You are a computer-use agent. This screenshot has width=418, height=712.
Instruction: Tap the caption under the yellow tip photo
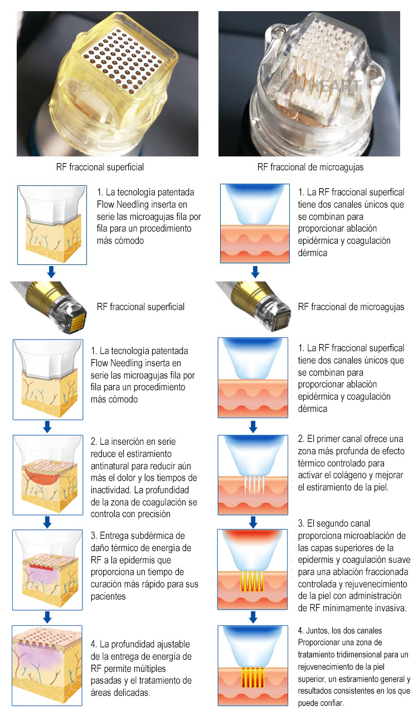coord(100,167)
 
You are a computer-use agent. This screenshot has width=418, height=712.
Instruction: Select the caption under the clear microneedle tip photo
coord(310,167)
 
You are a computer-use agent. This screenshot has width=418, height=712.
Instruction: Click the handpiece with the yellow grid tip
coord(49,306)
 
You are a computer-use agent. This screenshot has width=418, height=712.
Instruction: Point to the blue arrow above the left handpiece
coord(51,272)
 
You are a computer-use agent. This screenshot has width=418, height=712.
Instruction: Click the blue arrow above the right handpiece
coord(255,272)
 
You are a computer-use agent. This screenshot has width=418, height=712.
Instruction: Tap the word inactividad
coord(111,490)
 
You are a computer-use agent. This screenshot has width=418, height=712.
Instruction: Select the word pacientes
coord(108,597)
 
